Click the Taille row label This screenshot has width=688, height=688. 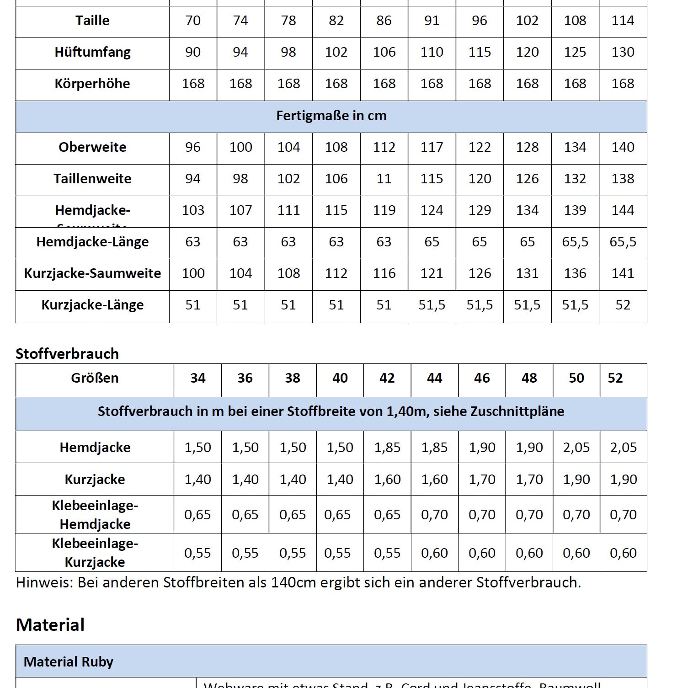click(92, 21)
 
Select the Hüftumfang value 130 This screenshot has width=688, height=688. click(623, 52)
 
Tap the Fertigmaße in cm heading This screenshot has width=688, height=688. click(331, 116)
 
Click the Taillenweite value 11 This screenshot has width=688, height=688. click(384, 179)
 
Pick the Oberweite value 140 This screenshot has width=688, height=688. click(623, 147)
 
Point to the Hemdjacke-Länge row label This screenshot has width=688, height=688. click(92, 242)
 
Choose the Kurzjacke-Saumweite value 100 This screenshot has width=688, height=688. click(193, 273)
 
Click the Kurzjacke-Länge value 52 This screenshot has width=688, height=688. click(623, 305)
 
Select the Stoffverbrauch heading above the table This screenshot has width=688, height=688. click(67, 354)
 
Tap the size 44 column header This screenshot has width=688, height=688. click(434, 378)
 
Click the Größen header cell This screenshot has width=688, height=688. click(95, 378)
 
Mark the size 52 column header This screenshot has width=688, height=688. click(615, 378)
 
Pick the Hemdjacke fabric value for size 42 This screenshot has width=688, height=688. click(387, 448)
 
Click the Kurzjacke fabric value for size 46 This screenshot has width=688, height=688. click(482, 480)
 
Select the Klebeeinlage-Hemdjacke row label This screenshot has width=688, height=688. click(95, 515)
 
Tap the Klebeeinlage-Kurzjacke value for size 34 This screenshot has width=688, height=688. click(197, 553)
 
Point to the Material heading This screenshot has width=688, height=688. click(50, 625)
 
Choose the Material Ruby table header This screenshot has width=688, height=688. click(69, 662)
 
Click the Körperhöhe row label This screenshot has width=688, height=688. click(92, 84)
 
